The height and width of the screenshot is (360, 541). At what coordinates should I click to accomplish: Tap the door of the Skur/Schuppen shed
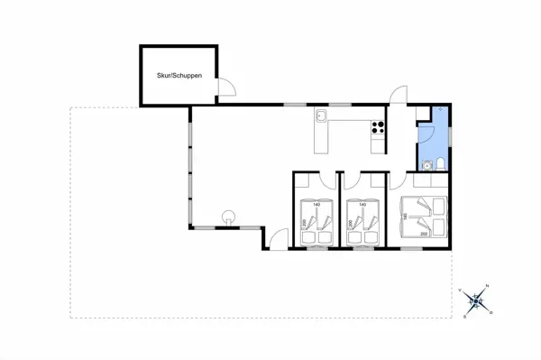228,87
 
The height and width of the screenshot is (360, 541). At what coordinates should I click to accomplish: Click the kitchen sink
321,115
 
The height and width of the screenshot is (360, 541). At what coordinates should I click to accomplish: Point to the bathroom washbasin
425,165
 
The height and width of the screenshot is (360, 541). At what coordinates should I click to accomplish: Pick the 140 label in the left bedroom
316,206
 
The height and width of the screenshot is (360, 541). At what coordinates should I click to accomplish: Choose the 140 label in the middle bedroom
362,206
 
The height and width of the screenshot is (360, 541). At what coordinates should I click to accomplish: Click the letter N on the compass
488,286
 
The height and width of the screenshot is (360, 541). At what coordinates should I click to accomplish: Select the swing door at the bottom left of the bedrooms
280,239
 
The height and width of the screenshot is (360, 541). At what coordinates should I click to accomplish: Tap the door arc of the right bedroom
399,180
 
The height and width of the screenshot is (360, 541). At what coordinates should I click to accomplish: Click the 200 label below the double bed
424,234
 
